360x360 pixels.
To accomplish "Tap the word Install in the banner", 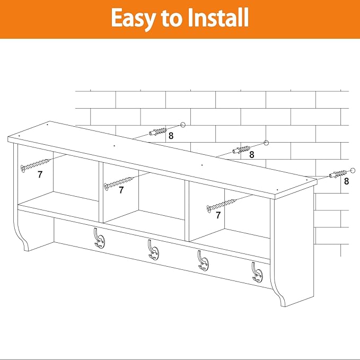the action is tap(218, 17).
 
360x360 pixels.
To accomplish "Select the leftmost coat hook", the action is tap(100, 238).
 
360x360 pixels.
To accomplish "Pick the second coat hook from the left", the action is tap(153, 250).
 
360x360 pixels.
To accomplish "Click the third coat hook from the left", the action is tap(203, 260).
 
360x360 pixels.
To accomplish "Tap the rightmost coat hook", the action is tap(257, 273).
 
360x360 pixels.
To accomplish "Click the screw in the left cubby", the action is tap(35, 165).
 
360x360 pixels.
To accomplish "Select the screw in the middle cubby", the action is tap(119, 183).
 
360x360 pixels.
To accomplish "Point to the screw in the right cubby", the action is tap(221, 206).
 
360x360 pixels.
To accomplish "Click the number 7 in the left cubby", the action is tap(40, 174).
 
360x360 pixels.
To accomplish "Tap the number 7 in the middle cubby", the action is tap(121, 190).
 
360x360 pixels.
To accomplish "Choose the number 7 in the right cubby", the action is tap(218, 215).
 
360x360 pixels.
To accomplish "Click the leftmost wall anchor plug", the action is tap(157, 132).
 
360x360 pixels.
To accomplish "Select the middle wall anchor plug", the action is tap(241, 150).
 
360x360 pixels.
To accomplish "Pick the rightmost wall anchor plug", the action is tap(338, 174).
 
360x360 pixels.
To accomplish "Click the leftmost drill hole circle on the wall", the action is tap(183, 125).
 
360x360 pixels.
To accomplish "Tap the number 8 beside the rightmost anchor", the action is tap(346, 181).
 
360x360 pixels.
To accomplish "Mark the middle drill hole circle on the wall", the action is tap(266, 143).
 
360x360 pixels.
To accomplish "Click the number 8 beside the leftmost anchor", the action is tap(171, 136).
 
